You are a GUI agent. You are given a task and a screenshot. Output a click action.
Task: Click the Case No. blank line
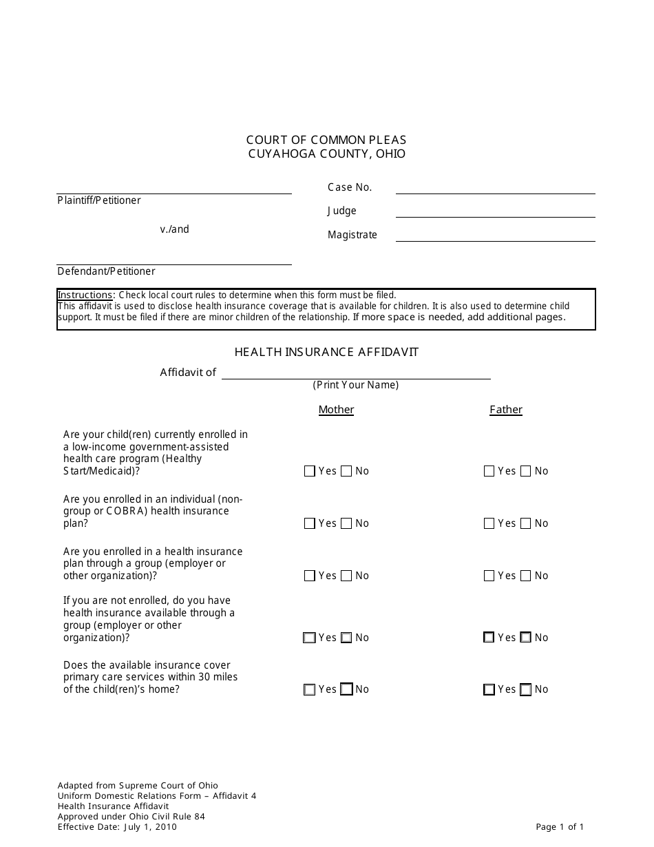click(x=495, y=192)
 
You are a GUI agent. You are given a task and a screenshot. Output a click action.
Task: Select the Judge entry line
click(x=495, y=216)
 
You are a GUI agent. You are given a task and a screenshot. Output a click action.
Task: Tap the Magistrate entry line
click(x=495, y=240)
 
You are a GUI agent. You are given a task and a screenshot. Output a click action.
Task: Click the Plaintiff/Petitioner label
click(x=99, y=200)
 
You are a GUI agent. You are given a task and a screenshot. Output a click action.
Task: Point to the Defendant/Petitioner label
click(x=106, y=271)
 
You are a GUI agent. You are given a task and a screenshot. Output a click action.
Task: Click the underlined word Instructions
click(x=84, y=295)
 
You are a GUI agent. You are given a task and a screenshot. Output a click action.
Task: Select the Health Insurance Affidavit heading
click(x=326, y=352)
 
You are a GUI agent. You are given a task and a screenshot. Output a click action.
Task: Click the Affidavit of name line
click(x=356, y=377)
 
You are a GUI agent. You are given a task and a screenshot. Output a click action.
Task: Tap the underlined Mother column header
click(x=336, y=410)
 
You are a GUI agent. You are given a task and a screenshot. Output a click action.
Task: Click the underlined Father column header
click(x=506, y=410)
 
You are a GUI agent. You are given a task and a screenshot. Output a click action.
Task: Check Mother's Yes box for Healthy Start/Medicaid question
click(x=309, y=471)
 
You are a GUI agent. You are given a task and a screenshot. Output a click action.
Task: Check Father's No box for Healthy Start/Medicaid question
click(x=526, y=471)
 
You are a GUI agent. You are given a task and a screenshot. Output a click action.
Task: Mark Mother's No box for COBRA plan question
click(x=346, y=523)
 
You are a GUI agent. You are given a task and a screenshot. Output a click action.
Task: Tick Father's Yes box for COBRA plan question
click(x=489, y=523)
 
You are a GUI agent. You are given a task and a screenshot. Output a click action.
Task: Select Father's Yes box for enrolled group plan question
click(x=489, y=576)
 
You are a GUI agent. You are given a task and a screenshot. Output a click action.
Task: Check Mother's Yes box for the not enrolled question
click(x=309, y=638)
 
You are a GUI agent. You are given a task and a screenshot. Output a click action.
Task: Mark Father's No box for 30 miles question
click(x=526, y=689)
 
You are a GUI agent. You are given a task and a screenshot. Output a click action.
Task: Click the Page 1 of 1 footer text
click(x=560, y=827)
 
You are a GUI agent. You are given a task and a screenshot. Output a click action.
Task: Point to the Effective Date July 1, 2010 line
click(x=117, y=827)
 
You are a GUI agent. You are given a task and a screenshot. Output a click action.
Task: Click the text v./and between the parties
click(x=175, y=229)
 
